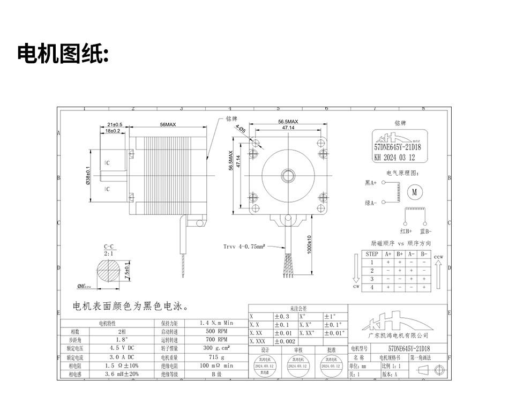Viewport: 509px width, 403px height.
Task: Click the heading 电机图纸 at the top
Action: [63, 54]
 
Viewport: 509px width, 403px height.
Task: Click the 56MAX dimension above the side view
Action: [168, 124]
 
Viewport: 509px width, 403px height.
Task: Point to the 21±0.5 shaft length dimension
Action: [115, 124]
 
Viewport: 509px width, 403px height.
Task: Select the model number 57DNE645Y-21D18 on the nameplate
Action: [397, 147]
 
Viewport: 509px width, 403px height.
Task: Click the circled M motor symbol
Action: [415, 191]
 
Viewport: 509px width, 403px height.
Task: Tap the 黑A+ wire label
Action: [371, 183]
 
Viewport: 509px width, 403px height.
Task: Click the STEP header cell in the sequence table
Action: [372, 254]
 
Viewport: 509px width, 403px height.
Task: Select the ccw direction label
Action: [439, 257]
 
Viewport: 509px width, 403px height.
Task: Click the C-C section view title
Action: [108, 247]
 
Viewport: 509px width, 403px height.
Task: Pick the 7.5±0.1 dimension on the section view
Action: [127, 267]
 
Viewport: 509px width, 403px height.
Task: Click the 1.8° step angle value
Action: [123, 339]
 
